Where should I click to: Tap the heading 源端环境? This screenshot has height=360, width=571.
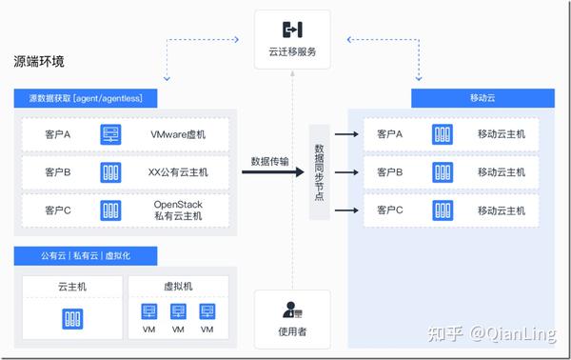(39, 63)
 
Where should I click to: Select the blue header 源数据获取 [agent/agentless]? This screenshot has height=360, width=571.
(86, 99)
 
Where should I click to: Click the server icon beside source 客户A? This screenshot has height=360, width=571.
(111, 134)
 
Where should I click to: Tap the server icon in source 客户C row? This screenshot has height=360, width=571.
(111, 210)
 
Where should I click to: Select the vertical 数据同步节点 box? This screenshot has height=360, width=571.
(319, 171)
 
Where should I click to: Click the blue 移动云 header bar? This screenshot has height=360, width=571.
(483, 99)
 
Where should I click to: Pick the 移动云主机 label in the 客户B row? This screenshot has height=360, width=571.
(501, 172)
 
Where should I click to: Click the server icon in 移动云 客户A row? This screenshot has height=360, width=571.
(442, 134)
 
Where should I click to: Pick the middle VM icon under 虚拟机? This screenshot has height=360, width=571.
(177, 312)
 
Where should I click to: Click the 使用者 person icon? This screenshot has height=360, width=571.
(292, 311)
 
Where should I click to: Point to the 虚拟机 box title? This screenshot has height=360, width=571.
(177, 287)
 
